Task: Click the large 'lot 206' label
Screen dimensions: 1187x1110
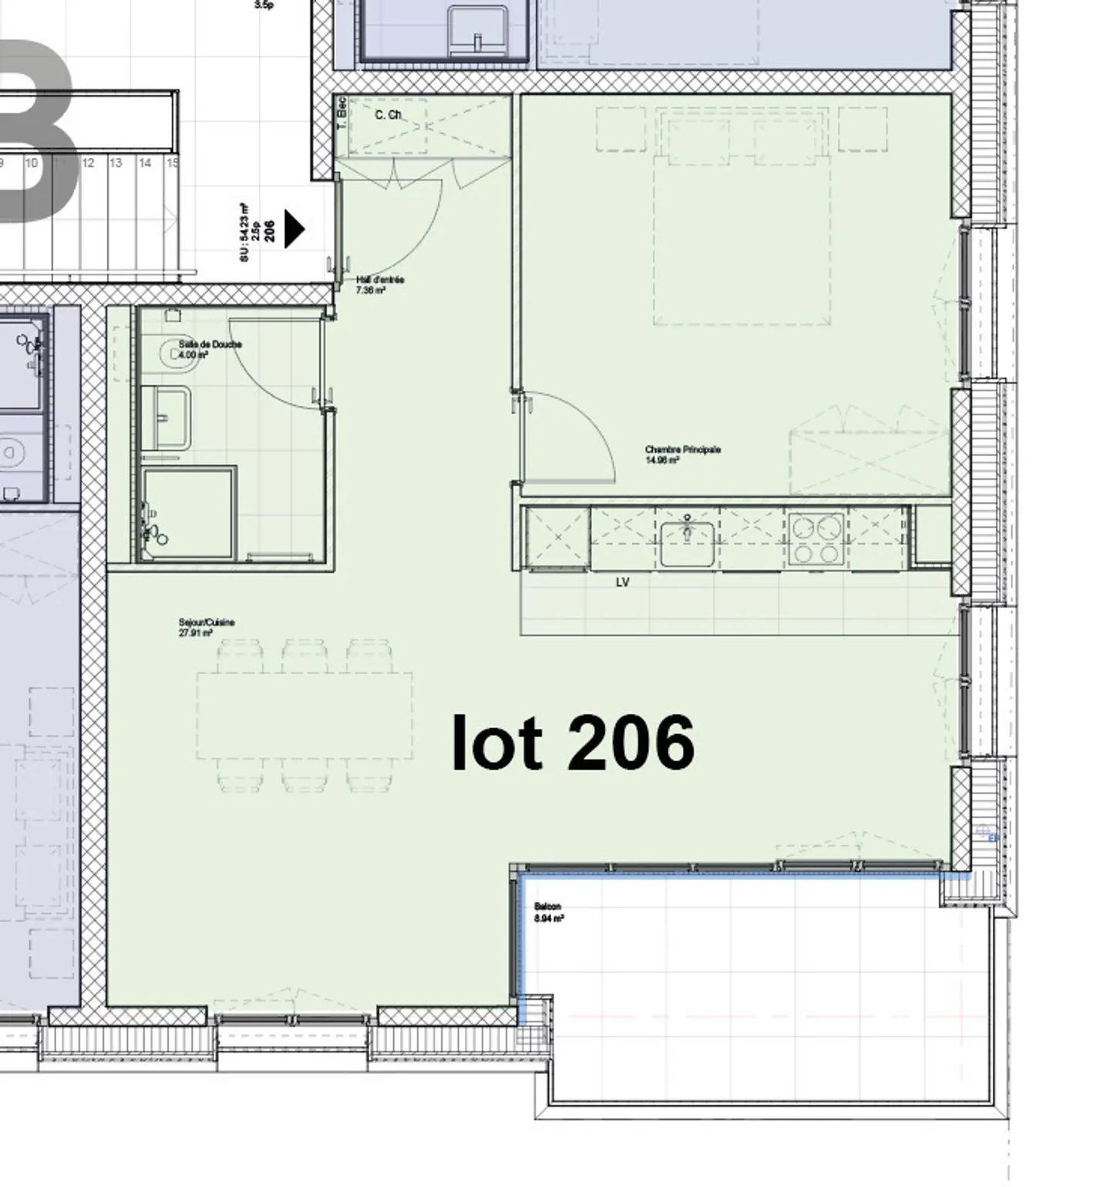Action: click(573, 743)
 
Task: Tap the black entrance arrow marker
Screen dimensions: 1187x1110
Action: click(294, 229)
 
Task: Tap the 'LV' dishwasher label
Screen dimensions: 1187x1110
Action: click(623, 582)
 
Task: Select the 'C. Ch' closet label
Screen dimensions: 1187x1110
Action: click(388, 115)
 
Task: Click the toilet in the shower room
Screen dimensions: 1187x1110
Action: click(173, 354)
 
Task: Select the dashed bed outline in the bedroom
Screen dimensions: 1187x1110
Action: click(742, 239)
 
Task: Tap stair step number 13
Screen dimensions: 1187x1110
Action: click(116, 163)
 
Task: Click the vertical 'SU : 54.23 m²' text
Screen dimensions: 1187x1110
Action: click(244, 232)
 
